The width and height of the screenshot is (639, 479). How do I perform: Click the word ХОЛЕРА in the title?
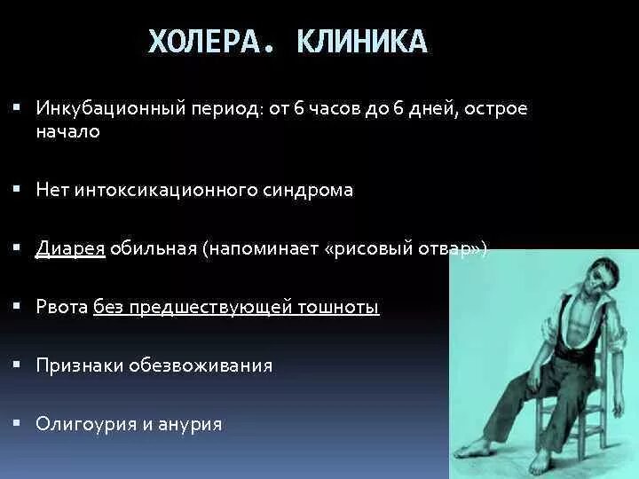tap(204, 42)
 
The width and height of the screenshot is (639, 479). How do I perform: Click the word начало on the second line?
tap(67, 132)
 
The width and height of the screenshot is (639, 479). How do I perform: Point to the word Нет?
tap(51, 191)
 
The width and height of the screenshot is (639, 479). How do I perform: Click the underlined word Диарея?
tap(70, 249)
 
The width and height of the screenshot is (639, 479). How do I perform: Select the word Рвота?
tap(61, 307)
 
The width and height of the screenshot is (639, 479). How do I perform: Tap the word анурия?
tap(193, 424)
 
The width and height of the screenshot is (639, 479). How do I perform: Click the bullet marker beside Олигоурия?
tap(19, 422)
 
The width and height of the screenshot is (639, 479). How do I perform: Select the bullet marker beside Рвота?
tap(19, 305)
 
